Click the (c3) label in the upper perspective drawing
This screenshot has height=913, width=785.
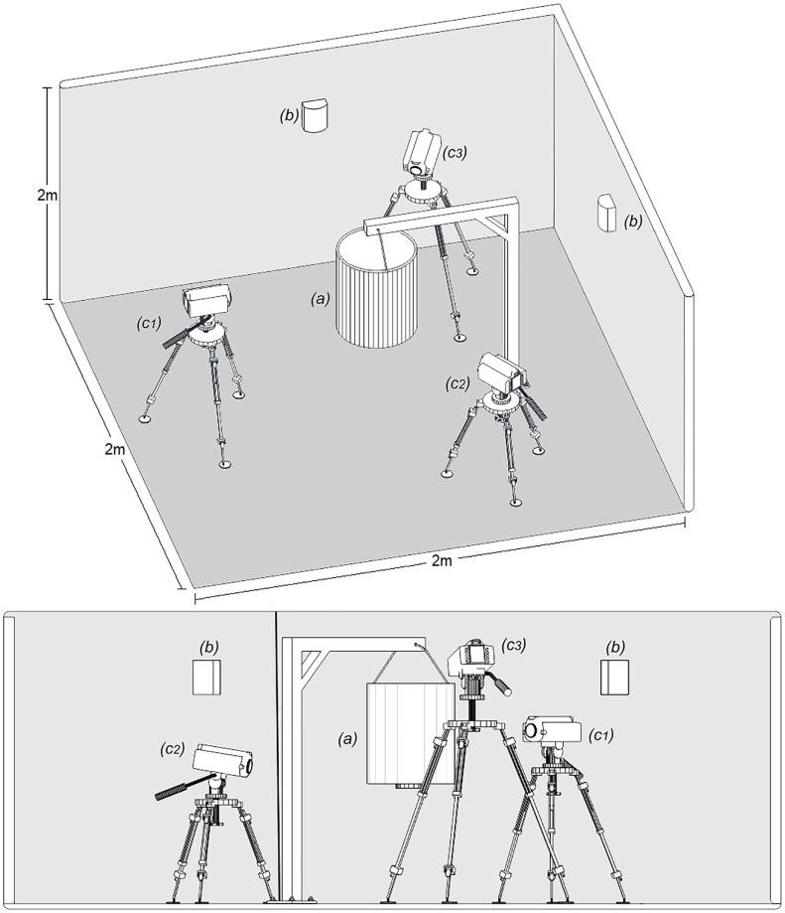pos(455,153)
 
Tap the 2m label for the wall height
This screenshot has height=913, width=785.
pos(47,195)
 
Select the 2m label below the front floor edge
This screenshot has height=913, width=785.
pos(442,560)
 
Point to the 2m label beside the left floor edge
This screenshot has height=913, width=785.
pos(114,449)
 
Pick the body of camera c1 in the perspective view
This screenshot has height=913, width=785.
pos(208,300)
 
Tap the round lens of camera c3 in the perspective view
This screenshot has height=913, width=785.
pos(417,169)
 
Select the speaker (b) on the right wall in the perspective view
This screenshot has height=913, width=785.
pos(608,214)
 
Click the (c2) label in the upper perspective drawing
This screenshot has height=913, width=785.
pos(458,383)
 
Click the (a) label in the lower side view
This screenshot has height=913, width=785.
pos(347,739)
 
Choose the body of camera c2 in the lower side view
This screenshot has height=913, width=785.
pos(223,760)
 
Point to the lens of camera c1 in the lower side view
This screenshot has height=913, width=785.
pos(530,730)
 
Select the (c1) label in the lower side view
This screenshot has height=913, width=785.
pos(601,735)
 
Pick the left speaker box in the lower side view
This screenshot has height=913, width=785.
pos(207,677)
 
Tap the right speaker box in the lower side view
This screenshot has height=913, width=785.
pos(615,678)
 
